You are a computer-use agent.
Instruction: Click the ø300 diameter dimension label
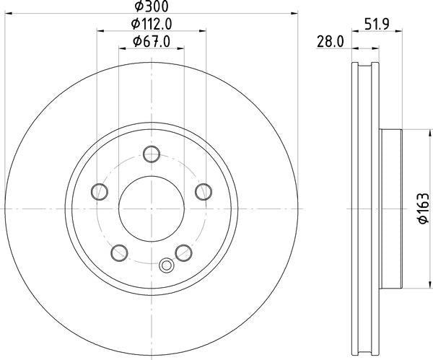tap(152, 6)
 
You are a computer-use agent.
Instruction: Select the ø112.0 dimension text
tap(152, 24)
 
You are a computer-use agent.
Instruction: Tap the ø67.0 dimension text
tap(152, 42)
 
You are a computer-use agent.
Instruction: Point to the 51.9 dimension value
tap(377, 24)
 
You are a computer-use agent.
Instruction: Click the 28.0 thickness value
tap(331, 42)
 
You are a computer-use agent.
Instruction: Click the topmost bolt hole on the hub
tap(152, 154)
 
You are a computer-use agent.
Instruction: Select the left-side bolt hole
tap(100, 192)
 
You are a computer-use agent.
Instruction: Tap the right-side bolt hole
tap(204, 192)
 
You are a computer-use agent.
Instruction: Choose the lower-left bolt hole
tap(119, 253)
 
